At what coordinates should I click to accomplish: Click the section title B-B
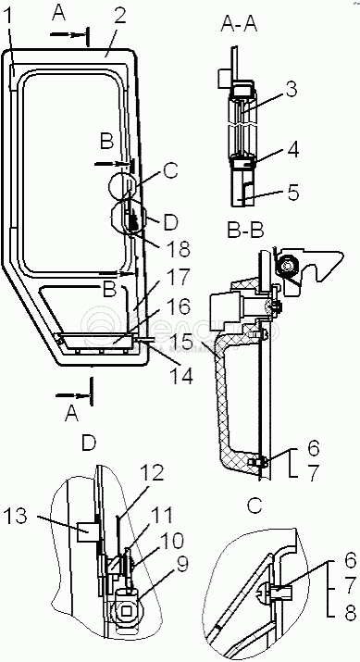[245, 230]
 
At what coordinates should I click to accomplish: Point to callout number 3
[291, 90]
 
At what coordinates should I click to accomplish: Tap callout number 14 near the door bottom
[182, 375]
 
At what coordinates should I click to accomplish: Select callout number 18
[179, 248]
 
